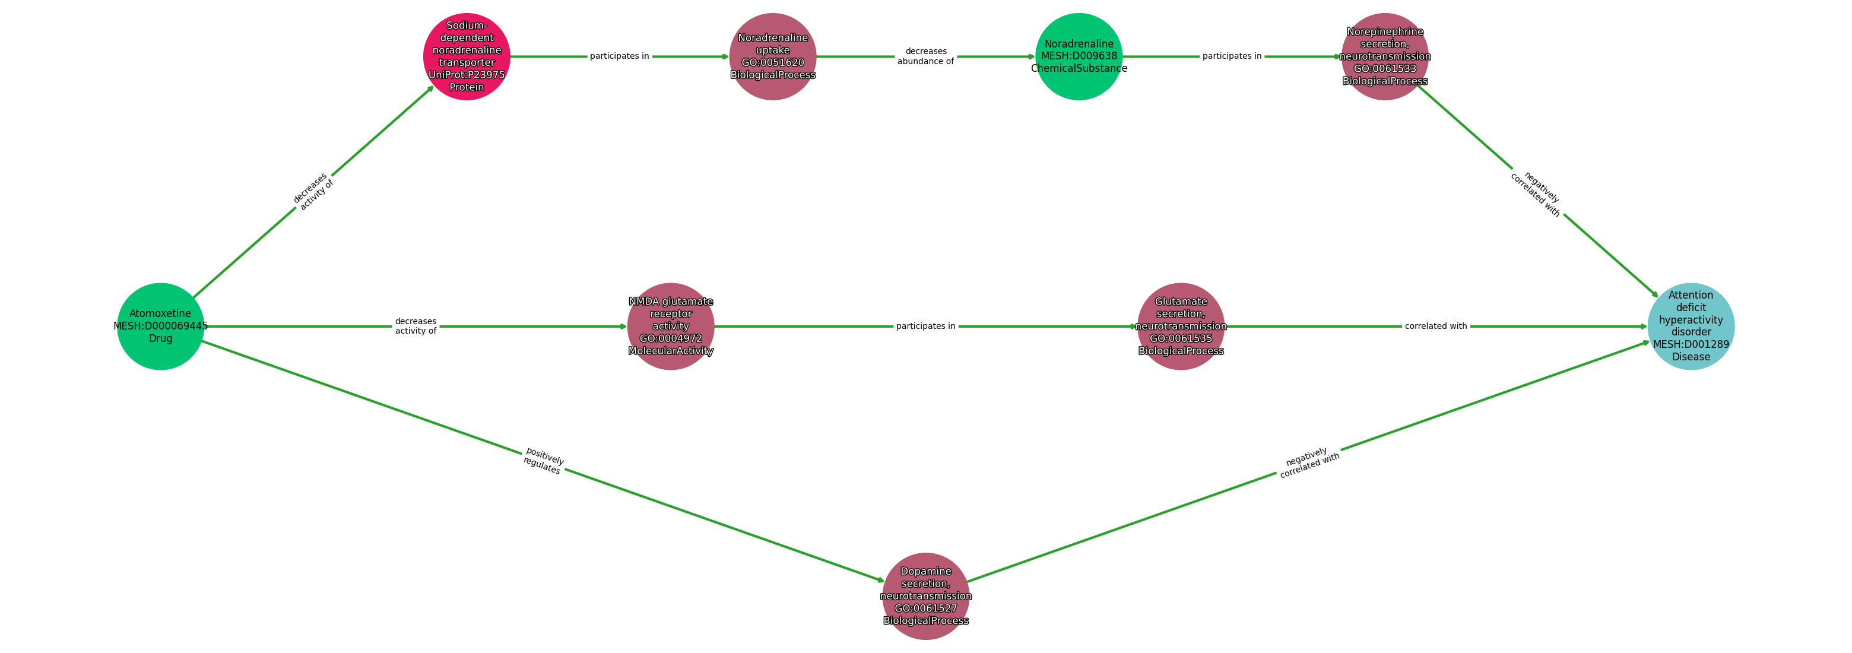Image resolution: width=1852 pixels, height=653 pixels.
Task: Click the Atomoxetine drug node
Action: click(160, 326)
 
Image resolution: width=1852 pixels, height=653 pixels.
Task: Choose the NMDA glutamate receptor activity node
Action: click(671, 326)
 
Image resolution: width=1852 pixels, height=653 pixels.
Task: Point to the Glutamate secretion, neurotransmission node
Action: click(1181, 326)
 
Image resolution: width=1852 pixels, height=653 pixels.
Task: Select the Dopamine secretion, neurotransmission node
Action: click(926, 595)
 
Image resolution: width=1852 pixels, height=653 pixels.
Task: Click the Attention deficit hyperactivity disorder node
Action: click(1691, 326)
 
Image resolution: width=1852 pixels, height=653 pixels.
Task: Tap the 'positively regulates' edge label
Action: click(544, 461)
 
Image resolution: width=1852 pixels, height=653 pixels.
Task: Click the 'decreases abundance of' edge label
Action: click(926, 56)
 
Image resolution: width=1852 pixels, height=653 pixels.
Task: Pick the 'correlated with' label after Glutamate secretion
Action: click(1436, 326)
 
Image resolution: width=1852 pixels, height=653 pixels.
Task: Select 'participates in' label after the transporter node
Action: click(620, 56)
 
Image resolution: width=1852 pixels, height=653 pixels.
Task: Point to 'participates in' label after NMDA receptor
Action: click(926, 326)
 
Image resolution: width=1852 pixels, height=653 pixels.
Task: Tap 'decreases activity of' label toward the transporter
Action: click(313, 192)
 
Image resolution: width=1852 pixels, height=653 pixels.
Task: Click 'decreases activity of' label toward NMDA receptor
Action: click(416, 326)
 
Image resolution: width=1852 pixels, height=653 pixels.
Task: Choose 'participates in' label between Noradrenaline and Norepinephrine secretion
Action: click(1232, 56)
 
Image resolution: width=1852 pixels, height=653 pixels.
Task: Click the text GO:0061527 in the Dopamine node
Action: click(926, 608)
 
